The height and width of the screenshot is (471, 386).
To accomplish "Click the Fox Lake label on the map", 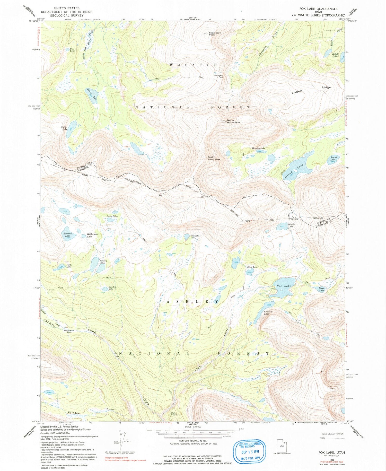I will [x=284, y=286].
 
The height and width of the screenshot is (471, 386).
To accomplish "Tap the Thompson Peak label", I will [x=215, y=34].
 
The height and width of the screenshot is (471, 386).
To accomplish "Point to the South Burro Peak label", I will [x=214, y=158].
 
